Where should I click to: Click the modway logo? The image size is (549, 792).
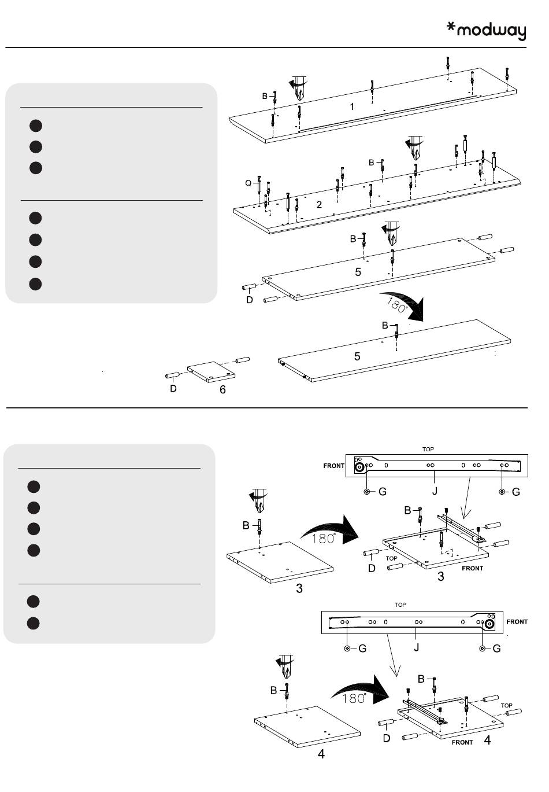click(x=487, y=31)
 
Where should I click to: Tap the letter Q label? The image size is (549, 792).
click(x=248, y=183)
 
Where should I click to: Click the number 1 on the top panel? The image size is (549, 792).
click(x=351, y=106)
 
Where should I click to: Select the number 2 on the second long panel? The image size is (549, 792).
click(x=319, y=205)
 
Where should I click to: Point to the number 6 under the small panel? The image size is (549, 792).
click(x=222, y=390)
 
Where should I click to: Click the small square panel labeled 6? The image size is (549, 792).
click(x=212, y=372)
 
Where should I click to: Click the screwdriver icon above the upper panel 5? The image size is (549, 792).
click(x=391, y=230)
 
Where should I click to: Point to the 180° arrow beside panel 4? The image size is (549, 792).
click(x=358, y=692)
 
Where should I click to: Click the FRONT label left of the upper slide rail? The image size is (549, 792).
click(x=333, y=466)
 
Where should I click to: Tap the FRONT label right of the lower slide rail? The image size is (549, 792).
click(x=517, y=622)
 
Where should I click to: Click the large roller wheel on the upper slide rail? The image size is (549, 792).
click(x=359, y=467)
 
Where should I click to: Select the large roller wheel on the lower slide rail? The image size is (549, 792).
click(x=489, y=624)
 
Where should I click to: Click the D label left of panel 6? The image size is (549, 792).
click(x=173, y=389)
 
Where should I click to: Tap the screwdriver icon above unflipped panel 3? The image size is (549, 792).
click(x=258, y=498)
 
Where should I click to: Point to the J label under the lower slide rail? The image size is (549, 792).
click(x=416, y=647)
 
